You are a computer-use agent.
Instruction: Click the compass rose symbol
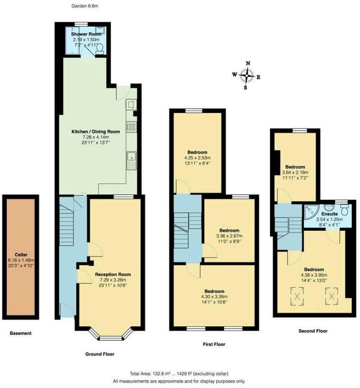246,76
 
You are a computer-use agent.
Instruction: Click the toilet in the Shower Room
99,48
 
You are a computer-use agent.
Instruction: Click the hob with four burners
132,127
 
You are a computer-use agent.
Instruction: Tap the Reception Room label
113,274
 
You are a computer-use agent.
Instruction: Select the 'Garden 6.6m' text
85,6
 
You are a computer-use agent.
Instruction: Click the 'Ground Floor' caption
100,354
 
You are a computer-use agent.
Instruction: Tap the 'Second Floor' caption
313,331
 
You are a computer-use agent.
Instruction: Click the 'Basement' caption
21,333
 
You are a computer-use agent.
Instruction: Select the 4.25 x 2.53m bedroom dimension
198,158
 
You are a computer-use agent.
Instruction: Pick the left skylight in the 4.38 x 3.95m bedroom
297,295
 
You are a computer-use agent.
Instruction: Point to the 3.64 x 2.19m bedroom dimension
295,172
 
